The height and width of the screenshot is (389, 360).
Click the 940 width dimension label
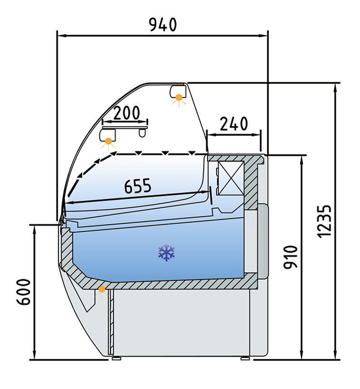point(163,25)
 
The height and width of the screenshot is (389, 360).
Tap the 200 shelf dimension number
point(126,113)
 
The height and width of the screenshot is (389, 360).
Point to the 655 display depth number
point(138,185)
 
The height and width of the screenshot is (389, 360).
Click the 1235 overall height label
point(324,222)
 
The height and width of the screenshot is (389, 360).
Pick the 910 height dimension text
point(290,257)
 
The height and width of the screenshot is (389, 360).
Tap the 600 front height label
point(24,292)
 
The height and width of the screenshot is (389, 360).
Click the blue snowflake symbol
point(167,253)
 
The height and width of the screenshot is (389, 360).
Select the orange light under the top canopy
point(179,98)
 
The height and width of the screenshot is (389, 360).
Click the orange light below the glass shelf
point(108,142)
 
